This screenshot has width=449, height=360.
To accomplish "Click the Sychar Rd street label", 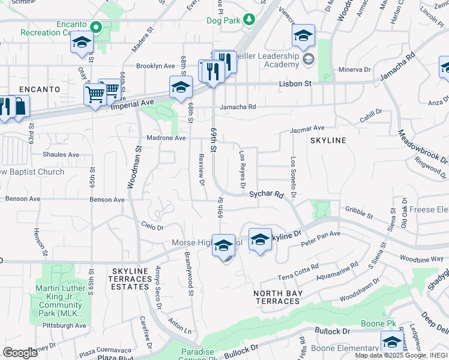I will pos(265,194).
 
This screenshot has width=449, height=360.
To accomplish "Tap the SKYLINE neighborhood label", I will pos(328,140).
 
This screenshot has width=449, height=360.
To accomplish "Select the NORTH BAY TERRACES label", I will pos(277,297).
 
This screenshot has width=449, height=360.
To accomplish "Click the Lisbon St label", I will pos(295,85).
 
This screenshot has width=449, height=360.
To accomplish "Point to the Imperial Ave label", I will pos(130,103).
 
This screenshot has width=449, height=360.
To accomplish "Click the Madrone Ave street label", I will pos(164,137).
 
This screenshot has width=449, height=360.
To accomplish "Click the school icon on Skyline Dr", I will pos(260,240).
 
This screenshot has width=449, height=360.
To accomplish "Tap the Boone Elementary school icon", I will pos(391,343).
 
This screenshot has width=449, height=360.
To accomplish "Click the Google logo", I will pos(20,352).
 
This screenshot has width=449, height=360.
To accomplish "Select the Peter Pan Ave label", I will pos(321,238).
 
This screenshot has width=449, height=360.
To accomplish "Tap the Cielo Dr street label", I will pos(152,227).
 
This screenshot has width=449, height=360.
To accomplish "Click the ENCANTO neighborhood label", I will pos(40,89).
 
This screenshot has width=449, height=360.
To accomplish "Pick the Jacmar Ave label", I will pos(307,128).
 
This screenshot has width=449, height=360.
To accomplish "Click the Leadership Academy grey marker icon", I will pos(308,59).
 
